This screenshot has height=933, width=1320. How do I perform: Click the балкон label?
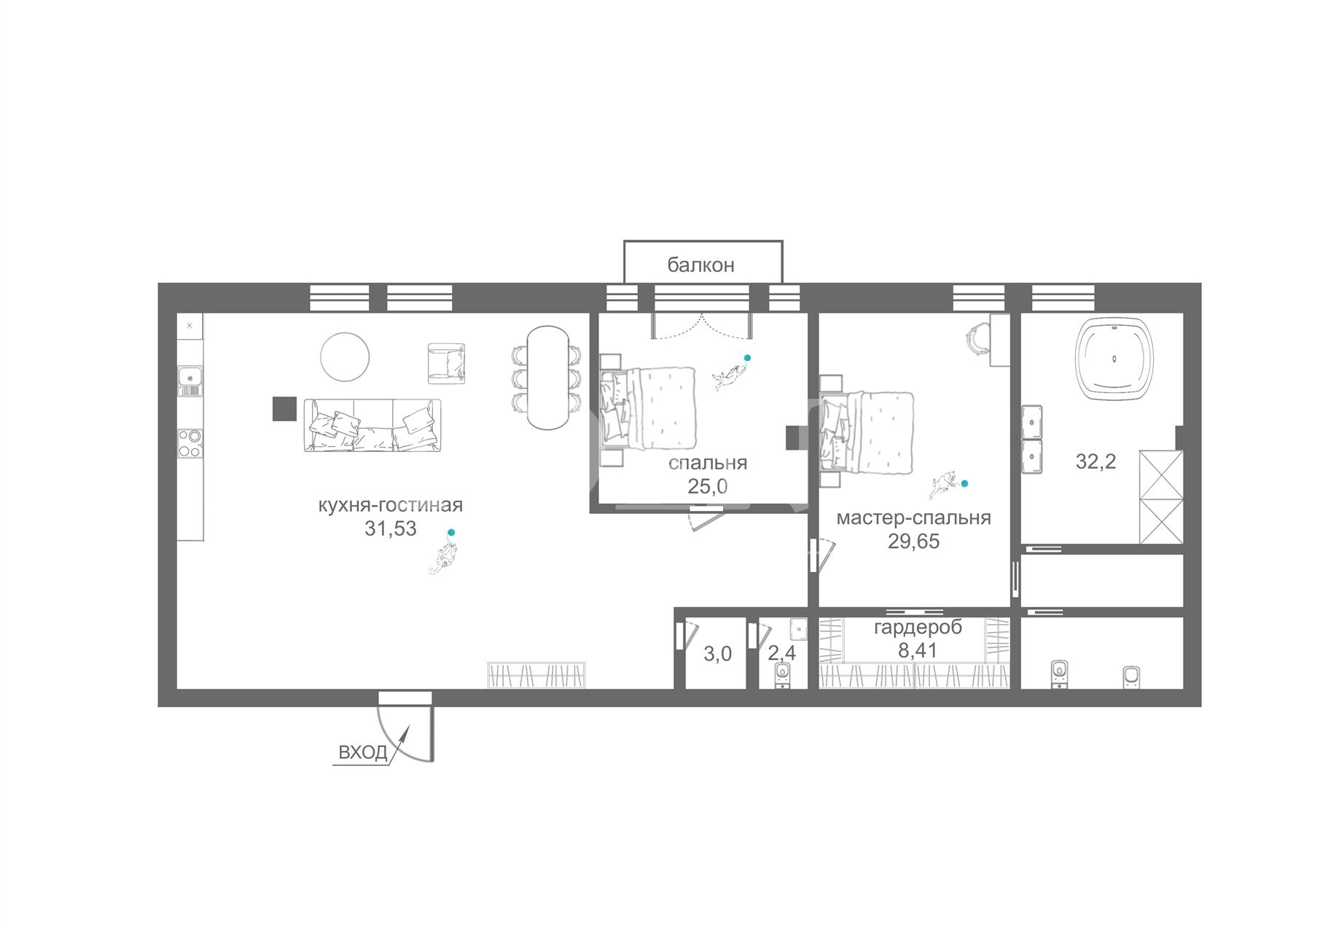pos(700,265)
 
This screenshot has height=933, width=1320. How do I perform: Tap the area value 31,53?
pos(391,528)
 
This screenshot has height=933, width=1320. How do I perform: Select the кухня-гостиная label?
pos(391,505)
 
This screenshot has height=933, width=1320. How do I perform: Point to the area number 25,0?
pos(707,486)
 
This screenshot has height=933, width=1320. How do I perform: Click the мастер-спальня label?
pos(913,518)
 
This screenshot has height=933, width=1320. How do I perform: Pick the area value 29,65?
pos(913,542)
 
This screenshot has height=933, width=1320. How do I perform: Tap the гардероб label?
pos(918,627)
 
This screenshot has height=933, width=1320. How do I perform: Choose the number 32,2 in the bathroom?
pos(1096,461)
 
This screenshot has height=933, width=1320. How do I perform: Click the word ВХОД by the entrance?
pos(363,752)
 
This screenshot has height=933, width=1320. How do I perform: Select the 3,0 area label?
pos(717,654)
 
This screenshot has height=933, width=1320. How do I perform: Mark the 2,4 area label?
pos(782,652)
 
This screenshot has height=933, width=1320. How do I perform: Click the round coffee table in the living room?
pos(345,356)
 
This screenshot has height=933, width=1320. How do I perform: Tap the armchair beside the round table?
pos(446,363)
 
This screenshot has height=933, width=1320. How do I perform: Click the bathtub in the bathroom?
pos(1114,359)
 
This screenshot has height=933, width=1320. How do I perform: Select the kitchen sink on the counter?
pos(190,378)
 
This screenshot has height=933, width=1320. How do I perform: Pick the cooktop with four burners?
pos(190,443)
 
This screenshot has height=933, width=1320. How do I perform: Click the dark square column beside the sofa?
pos(284,408)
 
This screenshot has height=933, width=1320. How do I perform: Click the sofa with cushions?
pos(373,425)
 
